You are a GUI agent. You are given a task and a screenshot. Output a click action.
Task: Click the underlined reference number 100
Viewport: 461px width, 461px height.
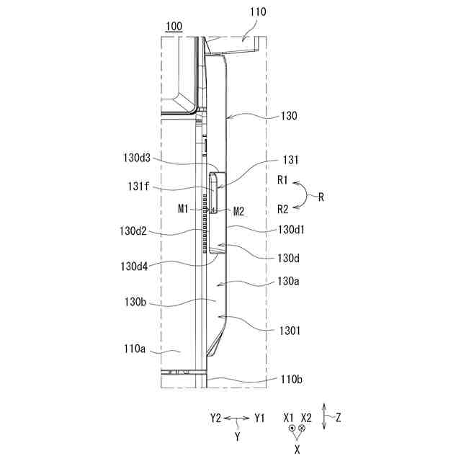pyautogui.click(x=174, y=27)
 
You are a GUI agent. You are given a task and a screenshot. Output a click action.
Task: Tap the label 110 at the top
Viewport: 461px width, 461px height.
pyautogui.click(x=258, y=12)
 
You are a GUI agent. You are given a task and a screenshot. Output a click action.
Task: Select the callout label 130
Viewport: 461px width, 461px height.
pyautogui.click(x=289, y=116)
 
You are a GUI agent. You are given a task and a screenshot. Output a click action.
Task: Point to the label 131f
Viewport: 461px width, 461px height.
pyautogui.click(x=138, y=186)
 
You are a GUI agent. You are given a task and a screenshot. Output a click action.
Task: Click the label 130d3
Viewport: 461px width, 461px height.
pyautogui.click(x=137, y=158)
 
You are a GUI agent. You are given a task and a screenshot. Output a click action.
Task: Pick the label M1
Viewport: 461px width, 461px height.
pyautogui.click(x=183, y=209)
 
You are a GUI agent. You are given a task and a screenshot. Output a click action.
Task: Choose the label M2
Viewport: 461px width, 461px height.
pyautogui.click(x=238, y=211)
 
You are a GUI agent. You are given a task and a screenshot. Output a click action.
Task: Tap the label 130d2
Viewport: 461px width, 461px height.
pyautogui.click(x=133, y=231)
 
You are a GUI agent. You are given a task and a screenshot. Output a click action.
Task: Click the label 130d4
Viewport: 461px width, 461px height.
pyautogui.click(x=134, y=267)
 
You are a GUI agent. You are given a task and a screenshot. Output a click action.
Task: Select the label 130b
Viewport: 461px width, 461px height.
pyautogui.click(x=135, y=302)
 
